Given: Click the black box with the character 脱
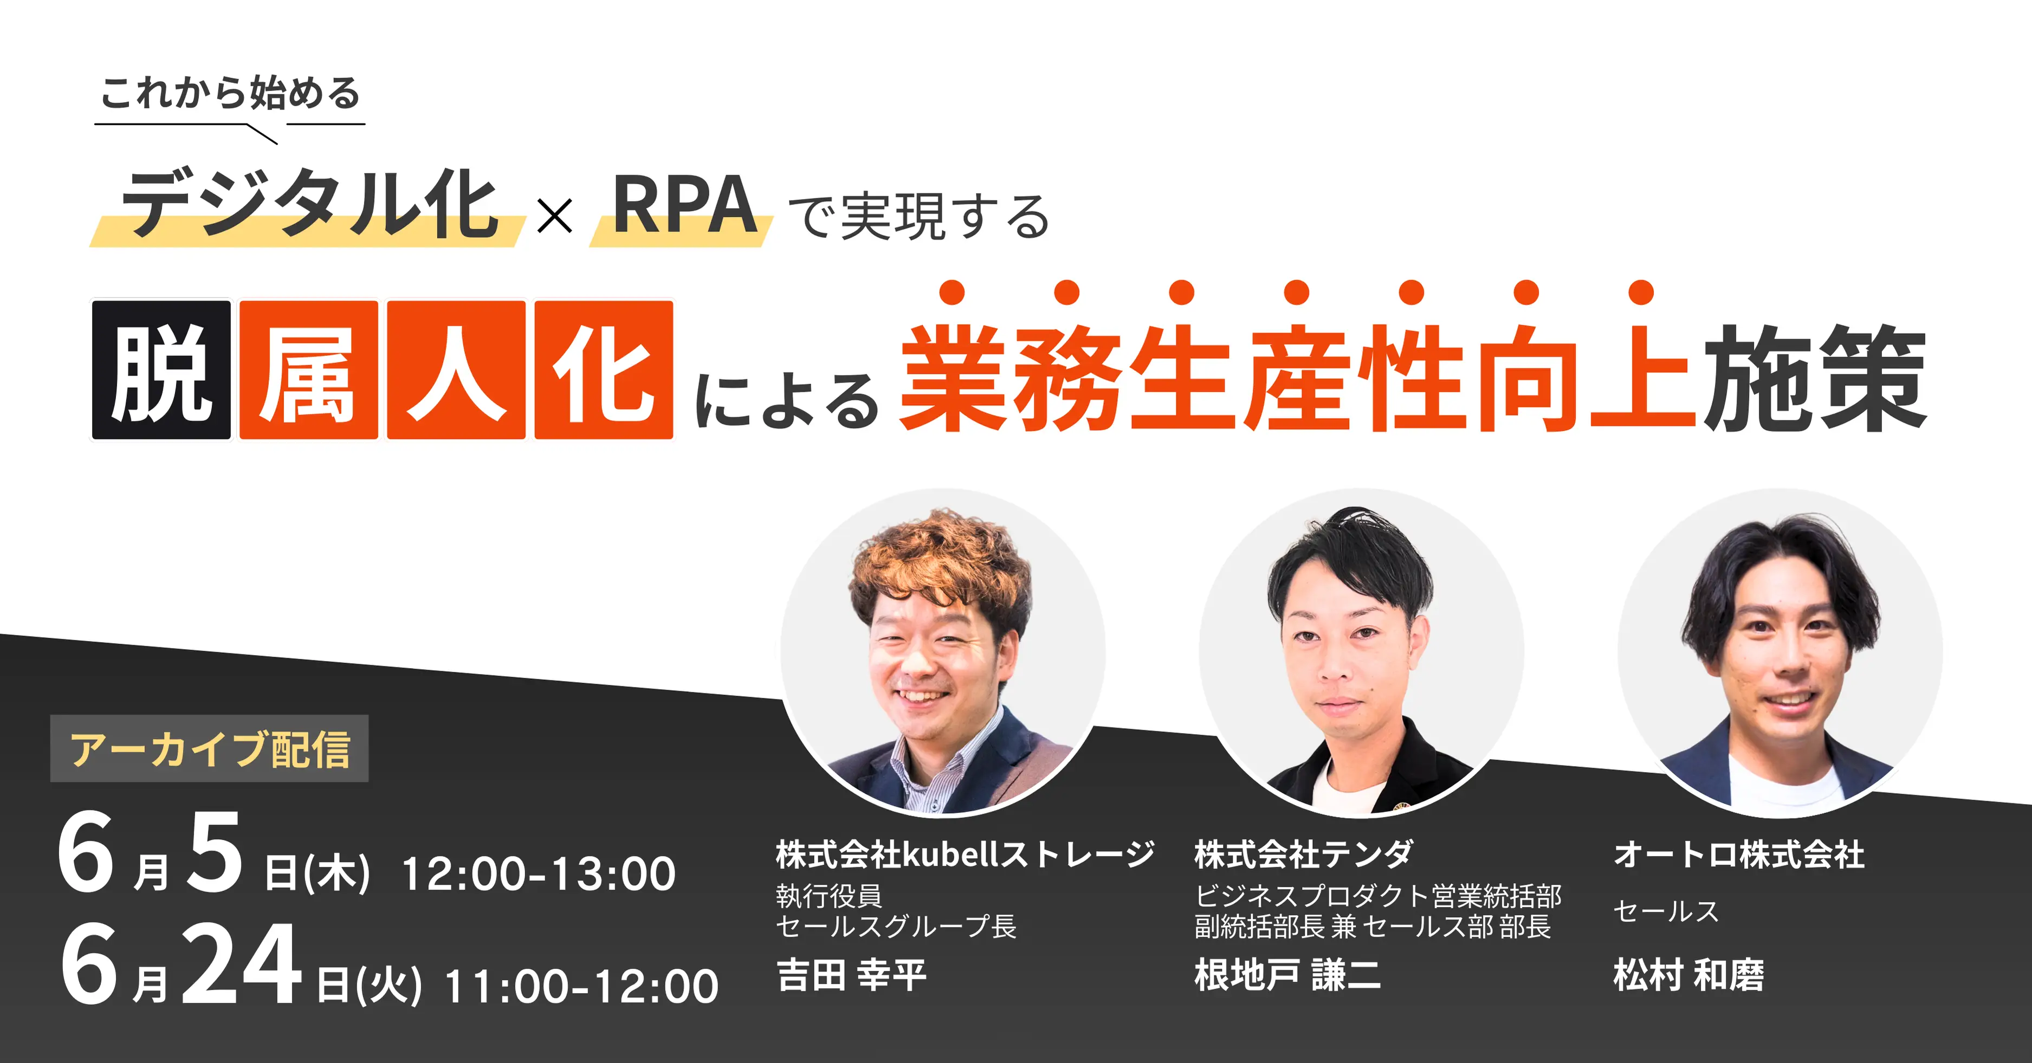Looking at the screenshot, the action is [161, 370].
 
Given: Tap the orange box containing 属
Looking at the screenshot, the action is [308, 370].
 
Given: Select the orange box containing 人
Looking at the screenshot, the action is [456, 370].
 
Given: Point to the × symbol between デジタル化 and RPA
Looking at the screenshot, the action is [554, 215].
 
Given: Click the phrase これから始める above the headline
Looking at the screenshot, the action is [230, 93].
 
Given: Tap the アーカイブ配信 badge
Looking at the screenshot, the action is [210, 748].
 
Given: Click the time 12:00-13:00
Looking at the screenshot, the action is [539, 874].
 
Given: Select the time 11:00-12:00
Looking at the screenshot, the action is [582, 987].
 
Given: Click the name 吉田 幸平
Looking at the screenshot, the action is [851, 975].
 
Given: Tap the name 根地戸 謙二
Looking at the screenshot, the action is [1287, 975].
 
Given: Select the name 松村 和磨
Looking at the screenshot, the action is [1688, 975].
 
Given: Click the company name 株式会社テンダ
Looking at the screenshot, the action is [1304, 854].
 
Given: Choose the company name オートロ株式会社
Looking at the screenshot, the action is [1739, 854].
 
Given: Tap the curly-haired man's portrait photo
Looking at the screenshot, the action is [943, 651].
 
